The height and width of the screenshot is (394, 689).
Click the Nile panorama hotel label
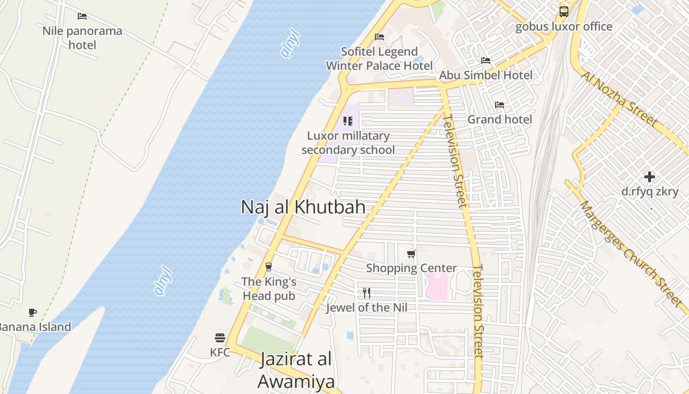(82, 38)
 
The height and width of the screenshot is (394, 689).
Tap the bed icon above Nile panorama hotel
(82, 16)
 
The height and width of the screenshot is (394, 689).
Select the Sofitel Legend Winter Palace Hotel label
(379, 59)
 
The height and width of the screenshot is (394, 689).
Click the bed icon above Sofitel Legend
(379, 37)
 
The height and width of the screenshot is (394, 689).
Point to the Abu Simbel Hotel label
(486, 75)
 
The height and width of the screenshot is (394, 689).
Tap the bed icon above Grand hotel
(500, 105)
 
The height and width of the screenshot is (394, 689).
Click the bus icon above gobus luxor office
(564, 11)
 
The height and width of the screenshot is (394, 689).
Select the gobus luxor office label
(564, 27)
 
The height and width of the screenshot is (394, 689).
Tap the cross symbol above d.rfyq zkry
(650, 177)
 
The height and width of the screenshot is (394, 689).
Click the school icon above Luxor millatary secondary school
(348, 121)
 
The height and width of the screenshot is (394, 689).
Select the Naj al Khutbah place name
(303, 207)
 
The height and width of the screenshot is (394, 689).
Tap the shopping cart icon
(411, 254)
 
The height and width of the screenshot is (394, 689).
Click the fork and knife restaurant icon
(367, 293)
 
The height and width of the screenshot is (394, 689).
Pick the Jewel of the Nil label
(367, 308)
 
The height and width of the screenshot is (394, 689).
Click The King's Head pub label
(269, 289)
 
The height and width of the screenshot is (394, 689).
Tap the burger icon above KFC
(220, 338)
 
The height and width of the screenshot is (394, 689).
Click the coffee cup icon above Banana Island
(32, 312)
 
